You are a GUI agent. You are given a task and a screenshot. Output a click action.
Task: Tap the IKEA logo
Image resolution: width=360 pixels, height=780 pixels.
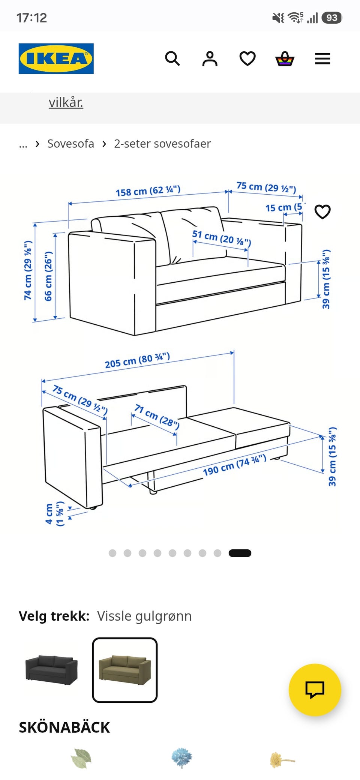(x=56, y=58)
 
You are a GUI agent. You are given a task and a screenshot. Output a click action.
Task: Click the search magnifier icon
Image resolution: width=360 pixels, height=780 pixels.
(x=172, y=58)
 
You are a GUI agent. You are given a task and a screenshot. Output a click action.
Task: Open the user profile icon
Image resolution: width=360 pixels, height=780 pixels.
(x=210, y=58)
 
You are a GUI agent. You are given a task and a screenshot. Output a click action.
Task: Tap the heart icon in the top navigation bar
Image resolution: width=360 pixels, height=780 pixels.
(x=247, y=58)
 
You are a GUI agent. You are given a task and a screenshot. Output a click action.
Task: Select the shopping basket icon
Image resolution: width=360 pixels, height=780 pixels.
(x=285, y=58)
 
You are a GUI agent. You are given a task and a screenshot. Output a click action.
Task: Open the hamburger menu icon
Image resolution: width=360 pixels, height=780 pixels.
(x=322, y=58)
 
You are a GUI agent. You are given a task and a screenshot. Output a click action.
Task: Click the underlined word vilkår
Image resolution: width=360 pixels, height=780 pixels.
(x=66, y=102)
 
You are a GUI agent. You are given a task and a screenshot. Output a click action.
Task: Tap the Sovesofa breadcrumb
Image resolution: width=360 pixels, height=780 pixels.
(x=70, y=144)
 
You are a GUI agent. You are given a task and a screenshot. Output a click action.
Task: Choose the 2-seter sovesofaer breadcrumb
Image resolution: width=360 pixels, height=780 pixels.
(x=162, y=144)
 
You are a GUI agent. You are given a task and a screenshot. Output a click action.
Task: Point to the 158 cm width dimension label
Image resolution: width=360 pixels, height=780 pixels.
(x=148, y=191)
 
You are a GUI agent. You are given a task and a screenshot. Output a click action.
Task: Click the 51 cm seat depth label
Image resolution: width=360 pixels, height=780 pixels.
(x=222, y=238)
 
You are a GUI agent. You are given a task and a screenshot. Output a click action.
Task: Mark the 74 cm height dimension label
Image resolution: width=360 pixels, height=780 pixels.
(x=28, y=270)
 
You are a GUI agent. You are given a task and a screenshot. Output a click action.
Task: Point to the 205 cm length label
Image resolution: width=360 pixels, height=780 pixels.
(x=137, y=360)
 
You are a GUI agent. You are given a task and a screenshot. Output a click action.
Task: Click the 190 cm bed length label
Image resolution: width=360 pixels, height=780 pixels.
(x=235, y=465)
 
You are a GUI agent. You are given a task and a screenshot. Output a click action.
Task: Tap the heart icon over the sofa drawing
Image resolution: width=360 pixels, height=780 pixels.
(x=322, y=212)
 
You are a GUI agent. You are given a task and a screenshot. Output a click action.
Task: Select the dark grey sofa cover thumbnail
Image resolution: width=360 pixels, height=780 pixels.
(x=51, y=670)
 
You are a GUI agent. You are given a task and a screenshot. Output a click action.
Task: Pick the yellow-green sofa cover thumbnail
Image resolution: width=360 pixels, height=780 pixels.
(x=125, y=670)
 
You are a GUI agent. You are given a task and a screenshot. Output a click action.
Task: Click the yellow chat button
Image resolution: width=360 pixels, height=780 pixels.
(x=315, y=690)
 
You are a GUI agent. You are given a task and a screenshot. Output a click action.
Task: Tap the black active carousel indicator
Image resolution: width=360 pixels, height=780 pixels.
(x=240, y=553)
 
